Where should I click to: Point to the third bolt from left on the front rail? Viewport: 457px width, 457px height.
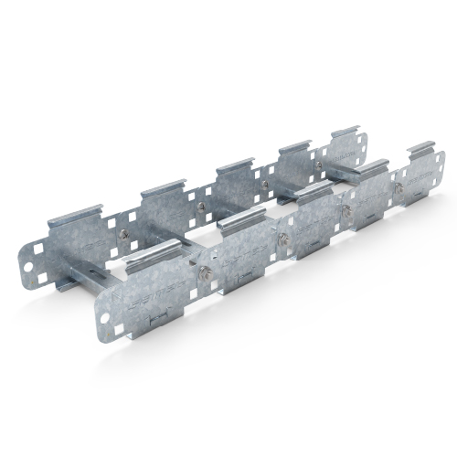(x=345, y=210)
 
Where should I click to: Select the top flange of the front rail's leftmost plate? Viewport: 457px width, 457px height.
(x=155, y=259)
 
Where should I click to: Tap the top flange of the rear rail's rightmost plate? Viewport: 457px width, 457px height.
(x=347, y=134)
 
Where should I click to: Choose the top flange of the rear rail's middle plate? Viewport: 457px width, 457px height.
(x=239, y=167)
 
